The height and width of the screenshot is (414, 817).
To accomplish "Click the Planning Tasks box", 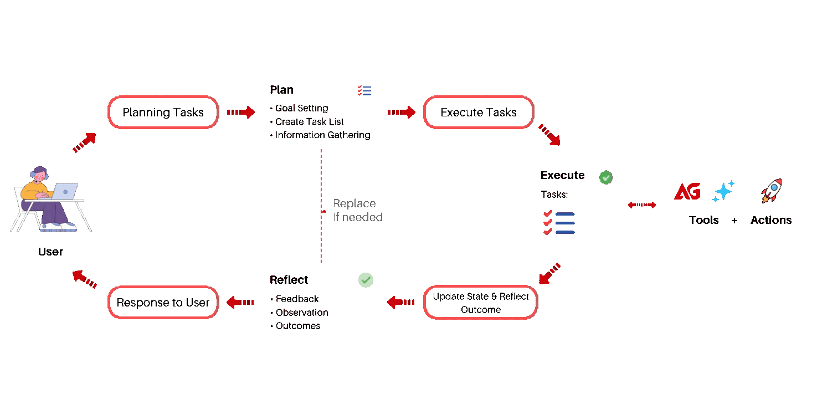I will (163, 113).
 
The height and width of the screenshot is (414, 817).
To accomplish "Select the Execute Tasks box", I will (479, 113).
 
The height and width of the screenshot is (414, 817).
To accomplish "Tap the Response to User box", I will (163, 303).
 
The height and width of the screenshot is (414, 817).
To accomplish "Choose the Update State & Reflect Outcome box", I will (481, 303).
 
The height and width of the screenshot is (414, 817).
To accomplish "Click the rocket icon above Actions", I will (772, 191).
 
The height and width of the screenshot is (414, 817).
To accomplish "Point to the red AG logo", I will (687, 192).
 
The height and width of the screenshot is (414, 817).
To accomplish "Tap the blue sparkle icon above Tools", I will (723, 191).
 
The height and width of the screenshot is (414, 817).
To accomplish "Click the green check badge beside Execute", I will (606, 177).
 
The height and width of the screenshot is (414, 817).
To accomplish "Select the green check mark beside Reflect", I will (366, 280).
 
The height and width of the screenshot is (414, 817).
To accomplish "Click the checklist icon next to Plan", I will (364, 91).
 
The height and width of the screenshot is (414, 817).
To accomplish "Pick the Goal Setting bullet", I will (301, 108).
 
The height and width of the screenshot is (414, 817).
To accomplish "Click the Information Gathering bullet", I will (322, 135).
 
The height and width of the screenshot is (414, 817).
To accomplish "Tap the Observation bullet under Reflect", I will (302, 313).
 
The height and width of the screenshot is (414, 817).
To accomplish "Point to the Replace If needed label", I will (357, 211).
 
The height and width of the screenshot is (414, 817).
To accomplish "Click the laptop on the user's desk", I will (64, 192).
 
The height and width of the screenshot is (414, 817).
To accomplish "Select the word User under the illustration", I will (50, 252).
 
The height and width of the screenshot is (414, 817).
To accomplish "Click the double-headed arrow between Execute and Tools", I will (642, 205).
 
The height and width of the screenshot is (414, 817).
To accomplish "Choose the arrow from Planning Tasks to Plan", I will (241, 112).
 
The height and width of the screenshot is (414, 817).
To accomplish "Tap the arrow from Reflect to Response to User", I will (240, 303).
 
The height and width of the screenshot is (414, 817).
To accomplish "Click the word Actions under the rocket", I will (771, 220).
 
